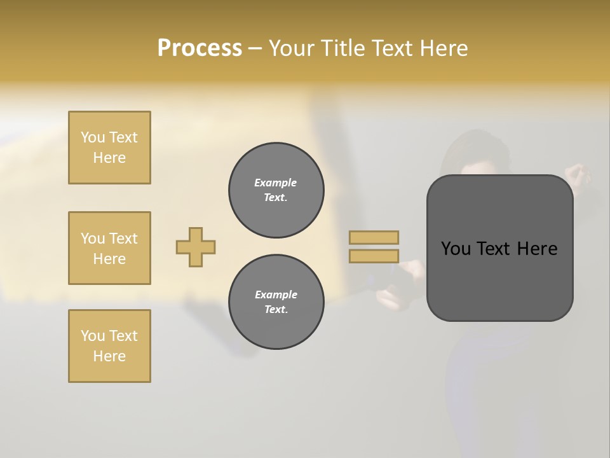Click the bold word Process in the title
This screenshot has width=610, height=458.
pyautogui.click(x=200, y=48)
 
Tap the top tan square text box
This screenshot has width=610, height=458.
pyautogui.click(x=109, y=148)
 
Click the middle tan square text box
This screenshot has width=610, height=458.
pyautogui.click(x=109, y=248)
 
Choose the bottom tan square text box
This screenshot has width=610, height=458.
pyautogui.click(x=109, y=346)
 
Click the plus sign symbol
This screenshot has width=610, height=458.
pyautogui.click(x=196, y=247)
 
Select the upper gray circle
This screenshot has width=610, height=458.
pyautogui.click(x=276, y=190)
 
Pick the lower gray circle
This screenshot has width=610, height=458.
pyautogui.click(x=276, y=302)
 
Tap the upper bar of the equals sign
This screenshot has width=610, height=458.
pyautogui.click(x=374, y=237)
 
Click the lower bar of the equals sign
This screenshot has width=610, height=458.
pyautogui.click(x=374, y=256)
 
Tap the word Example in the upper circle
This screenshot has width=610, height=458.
pyautogui.click(x=276, y=183)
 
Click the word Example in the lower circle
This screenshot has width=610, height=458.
pyautogui.click(x=276, y=295)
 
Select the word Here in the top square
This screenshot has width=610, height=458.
pyautogui.click(x=109, y=158)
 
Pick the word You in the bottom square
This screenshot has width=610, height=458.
pyautogui.click(x=93, y=336)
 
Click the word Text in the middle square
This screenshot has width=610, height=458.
pyautogui.click(x=123, y=239)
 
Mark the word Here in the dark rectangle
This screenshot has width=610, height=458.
pyautogui.click(x=537, y=249)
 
